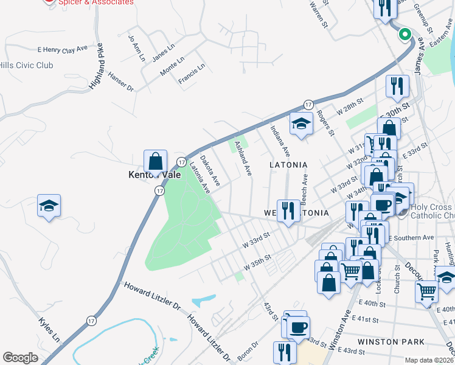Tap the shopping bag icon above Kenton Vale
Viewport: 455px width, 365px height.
156,162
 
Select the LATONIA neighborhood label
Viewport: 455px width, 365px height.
288,165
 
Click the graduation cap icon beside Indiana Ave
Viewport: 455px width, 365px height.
300,125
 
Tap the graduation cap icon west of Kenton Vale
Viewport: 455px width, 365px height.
49,205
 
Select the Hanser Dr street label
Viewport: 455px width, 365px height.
120,82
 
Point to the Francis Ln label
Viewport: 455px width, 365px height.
192,74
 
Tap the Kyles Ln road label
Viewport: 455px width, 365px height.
49,328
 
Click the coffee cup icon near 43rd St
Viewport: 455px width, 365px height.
298,327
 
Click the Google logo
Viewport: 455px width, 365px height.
19,358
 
